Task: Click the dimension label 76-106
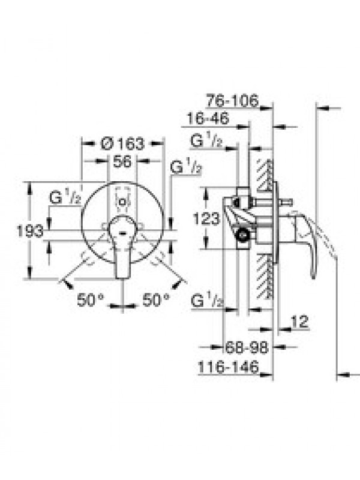click(232, 100)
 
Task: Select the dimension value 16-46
click(208, 118)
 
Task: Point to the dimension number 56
click(122, 161)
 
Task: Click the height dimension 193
click(29, 231)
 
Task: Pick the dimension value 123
click(206, 218)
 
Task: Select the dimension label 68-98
click(247, 347)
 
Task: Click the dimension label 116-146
click(229, 367)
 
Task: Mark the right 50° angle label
click(156, 299)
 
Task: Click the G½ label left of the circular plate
click(65, 199)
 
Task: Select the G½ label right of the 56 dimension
click(186, 167)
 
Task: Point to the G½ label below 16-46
click(206, 141)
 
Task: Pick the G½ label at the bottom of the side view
click(207, 301)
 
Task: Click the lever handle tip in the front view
click(123, 276)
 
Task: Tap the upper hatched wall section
click(265, 175)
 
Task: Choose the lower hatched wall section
click(265, 276)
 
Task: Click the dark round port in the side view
click(244, 235)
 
